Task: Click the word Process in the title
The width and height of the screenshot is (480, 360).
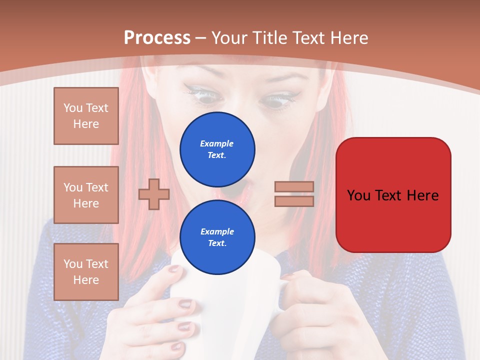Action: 157,37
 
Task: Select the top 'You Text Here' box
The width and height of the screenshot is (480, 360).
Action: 86,116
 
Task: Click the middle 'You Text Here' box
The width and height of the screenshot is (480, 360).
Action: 86,195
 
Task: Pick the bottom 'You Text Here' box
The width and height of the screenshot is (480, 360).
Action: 86,272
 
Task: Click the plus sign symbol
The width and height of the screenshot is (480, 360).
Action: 153,194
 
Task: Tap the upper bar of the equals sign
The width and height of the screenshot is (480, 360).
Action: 294,187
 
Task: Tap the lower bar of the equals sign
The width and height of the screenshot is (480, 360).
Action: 294,201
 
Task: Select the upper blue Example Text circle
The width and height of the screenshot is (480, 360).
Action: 217,149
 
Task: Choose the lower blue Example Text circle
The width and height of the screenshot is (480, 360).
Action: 217,237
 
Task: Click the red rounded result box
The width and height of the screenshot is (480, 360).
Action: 393,195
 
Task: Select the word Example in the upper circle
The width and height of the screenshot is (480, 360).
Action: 216,144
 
